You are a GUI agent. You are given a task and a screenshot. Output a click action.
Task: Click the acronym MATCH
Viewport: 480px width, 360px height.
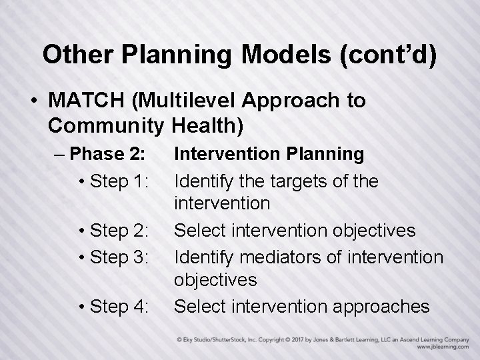tap(89, 101)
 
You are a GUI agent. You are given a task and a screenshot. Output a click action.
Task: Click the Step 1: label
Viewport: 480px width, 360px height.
tap(120, 180)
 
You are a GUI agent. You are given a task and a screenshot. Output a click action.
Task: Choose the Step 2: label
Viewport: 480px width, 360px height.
tap(120, 231)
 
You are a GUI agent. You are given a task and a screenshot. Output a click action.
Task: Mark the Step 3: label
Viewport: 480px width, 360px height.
tap(120, 256)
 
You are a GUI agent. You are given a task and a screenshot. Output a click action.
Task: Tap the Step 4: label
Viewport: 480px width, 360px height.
tap(120, 306)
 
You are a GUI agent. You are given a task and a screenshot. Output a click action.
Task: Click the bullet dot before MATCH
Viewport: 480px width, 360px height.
tap(33, 101)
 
